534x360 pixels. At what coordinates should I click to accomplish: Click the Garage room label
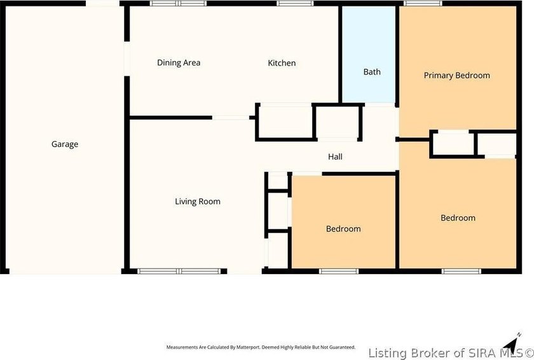(x=65, y=144)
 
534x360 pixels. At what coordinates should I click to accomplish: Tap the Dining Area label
(x=179, y=63)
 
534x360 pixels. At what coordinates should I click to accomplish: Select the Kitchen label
(x=282, y=63)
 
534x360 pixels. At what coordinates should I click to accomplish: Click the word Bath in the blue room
(x=372, y=72)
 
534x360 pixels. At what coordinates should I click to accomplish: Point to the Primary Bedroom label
(x=456, y=76)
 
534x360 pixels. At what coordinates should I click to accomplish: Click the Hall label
(x=335, y=156)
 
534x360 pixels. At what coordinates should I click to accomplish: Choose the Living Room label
(x=198, y=202)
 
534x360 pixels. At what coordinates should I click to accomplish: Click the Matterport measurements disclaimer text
(x=261, y=347)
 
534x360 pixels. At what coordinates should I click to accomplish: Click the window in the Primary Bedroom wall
(x=423, y=4)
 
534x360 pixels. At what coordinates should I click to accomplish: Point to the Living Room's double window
(x=179, y=271)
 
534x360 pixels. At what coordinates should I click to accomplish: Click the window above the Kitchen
(x=291, y=4)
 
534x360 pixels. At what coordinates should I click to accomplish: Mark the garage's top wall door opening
(x=104, y=4)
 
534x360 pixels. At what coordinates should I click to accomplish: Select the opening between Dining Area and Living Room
(x=230, y=118)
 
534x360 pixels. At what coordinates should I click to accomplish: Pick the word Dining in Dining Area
(x=169, y=63)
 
